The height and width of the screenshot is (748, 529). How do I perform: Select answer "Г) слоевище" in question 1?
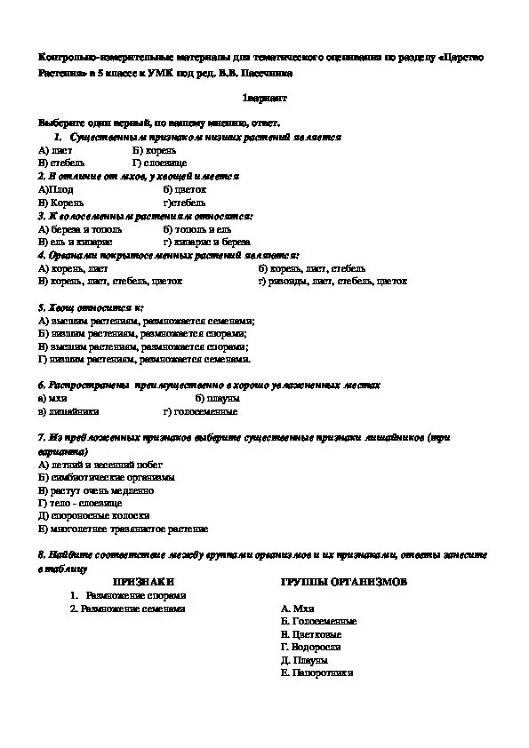(x=159, y=164)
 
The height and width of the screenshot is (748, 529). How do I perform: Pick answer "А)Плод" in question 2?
(x=56, y=190)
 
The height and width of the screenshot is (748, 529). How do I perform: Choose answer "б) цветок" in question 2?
(x=185, y=190)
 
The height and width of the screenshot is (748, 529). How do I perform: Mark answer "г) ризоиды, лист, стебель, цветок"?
(x=333, y=281)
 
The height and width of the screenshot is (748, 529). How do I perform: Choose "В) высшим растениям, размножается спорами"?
(x=143, y=346)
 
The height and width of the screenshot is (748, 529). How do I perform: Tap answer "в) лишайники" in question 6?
(x=68, y=412)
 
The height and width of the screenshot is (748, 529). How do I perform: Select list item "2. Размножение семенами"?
(x=127, y=609)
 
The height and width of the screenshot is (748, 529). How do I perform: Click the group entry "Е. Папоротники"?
(x=316, y=673)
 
